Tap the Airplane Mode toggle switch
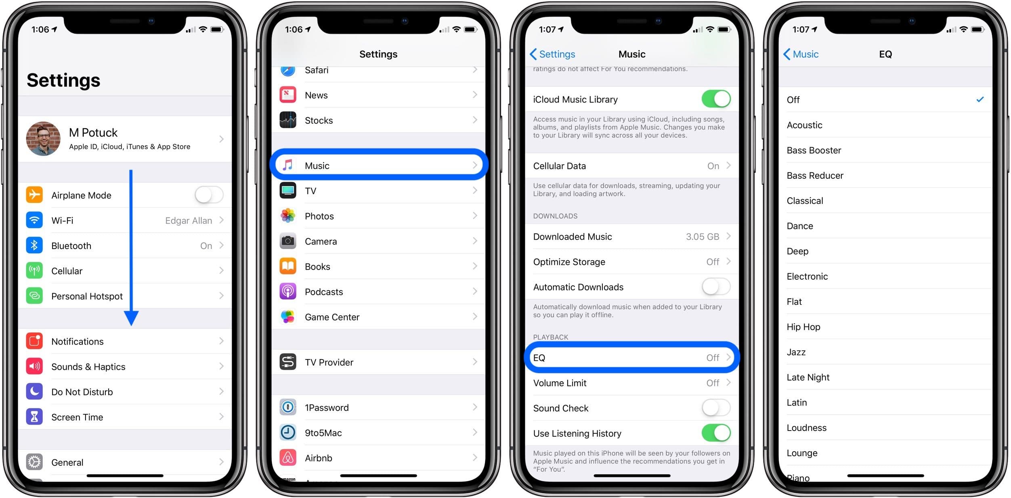(x=209, y=195)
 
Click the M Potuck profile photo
(x=43, y=138)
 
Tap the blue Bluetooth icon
(x=34, y=245)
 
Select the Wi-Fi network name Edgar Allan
(x=189, y=221)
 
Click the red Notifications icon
(x=34, y=341)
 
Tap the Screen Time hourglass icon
(x=34, y=417)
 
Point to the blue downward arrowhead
(x=131, y=318)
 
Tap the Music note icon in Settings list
(x=288, y=165)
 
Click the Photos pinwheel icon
(x=288, y=216)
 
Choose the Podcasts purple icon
(x=288, y=291)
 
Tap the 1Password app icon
(x=288, y=407)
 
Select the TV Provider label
(x=329, y=362)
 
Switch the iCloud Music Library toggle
(x=716, y=99)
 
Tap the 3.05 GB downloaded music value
(x=703, y=237)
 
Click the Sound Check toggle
(x=716, y=408)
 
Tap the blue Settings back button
(x=552, y=54)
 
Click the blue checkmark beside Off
(x=980, y=99)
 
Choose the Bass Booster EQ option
(x=814, y=150)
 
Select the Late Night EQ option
(x=808, y=377)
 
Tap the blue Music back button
(x=801, y=54)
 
